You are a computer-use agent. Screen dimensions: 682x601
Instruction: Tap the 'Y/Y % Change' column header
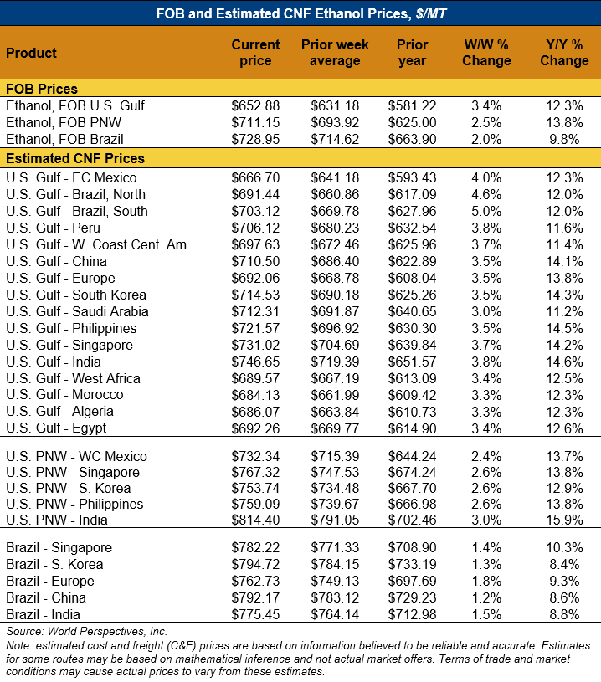click(564, 53)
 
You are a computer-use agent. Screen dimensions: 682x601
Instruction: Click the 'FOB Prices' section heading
click(42, 90)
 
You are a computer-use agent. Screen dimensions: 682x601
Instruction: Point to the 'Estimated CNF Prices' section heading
click(75, 158)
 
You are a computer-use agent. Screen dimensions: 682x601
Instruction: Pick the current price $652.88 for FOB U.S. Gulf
click(255, 106)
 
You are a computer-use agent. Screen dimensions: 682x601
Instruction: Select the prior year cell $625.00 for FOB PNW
click(412, 123)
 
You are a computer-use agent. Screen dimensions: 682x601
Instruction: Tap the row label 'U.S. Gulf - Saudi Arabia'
click(77, 311)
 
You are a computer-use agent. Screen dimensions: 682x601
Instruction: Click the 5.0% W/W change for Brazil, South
click(486, 211)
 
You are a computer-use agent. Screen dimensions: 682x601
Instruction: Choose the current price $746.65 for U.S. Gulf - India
click(255, 362)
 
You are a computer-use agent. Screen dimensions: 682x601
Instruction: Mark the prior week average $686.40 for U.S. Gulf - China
click(335, 261)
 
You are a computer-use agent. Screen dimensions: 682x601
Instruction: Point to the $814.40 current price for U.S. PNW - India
click(255, 520)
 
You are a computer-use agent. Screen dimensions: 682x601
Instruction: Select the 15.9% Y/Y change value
click(564, 520)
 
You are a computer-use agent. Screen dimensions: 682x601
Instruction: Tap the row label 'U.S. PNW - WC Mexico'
click(76, 457)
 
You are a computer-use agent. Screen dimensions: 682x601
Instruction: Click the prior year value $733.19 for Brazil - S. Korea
click(412, 564)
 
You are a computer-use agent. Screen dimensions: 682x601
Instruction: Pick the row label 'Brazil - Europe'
click(50, 581)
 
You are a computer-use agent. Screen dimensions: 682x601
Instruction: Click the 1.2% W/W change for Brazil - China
click(486, 597)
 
